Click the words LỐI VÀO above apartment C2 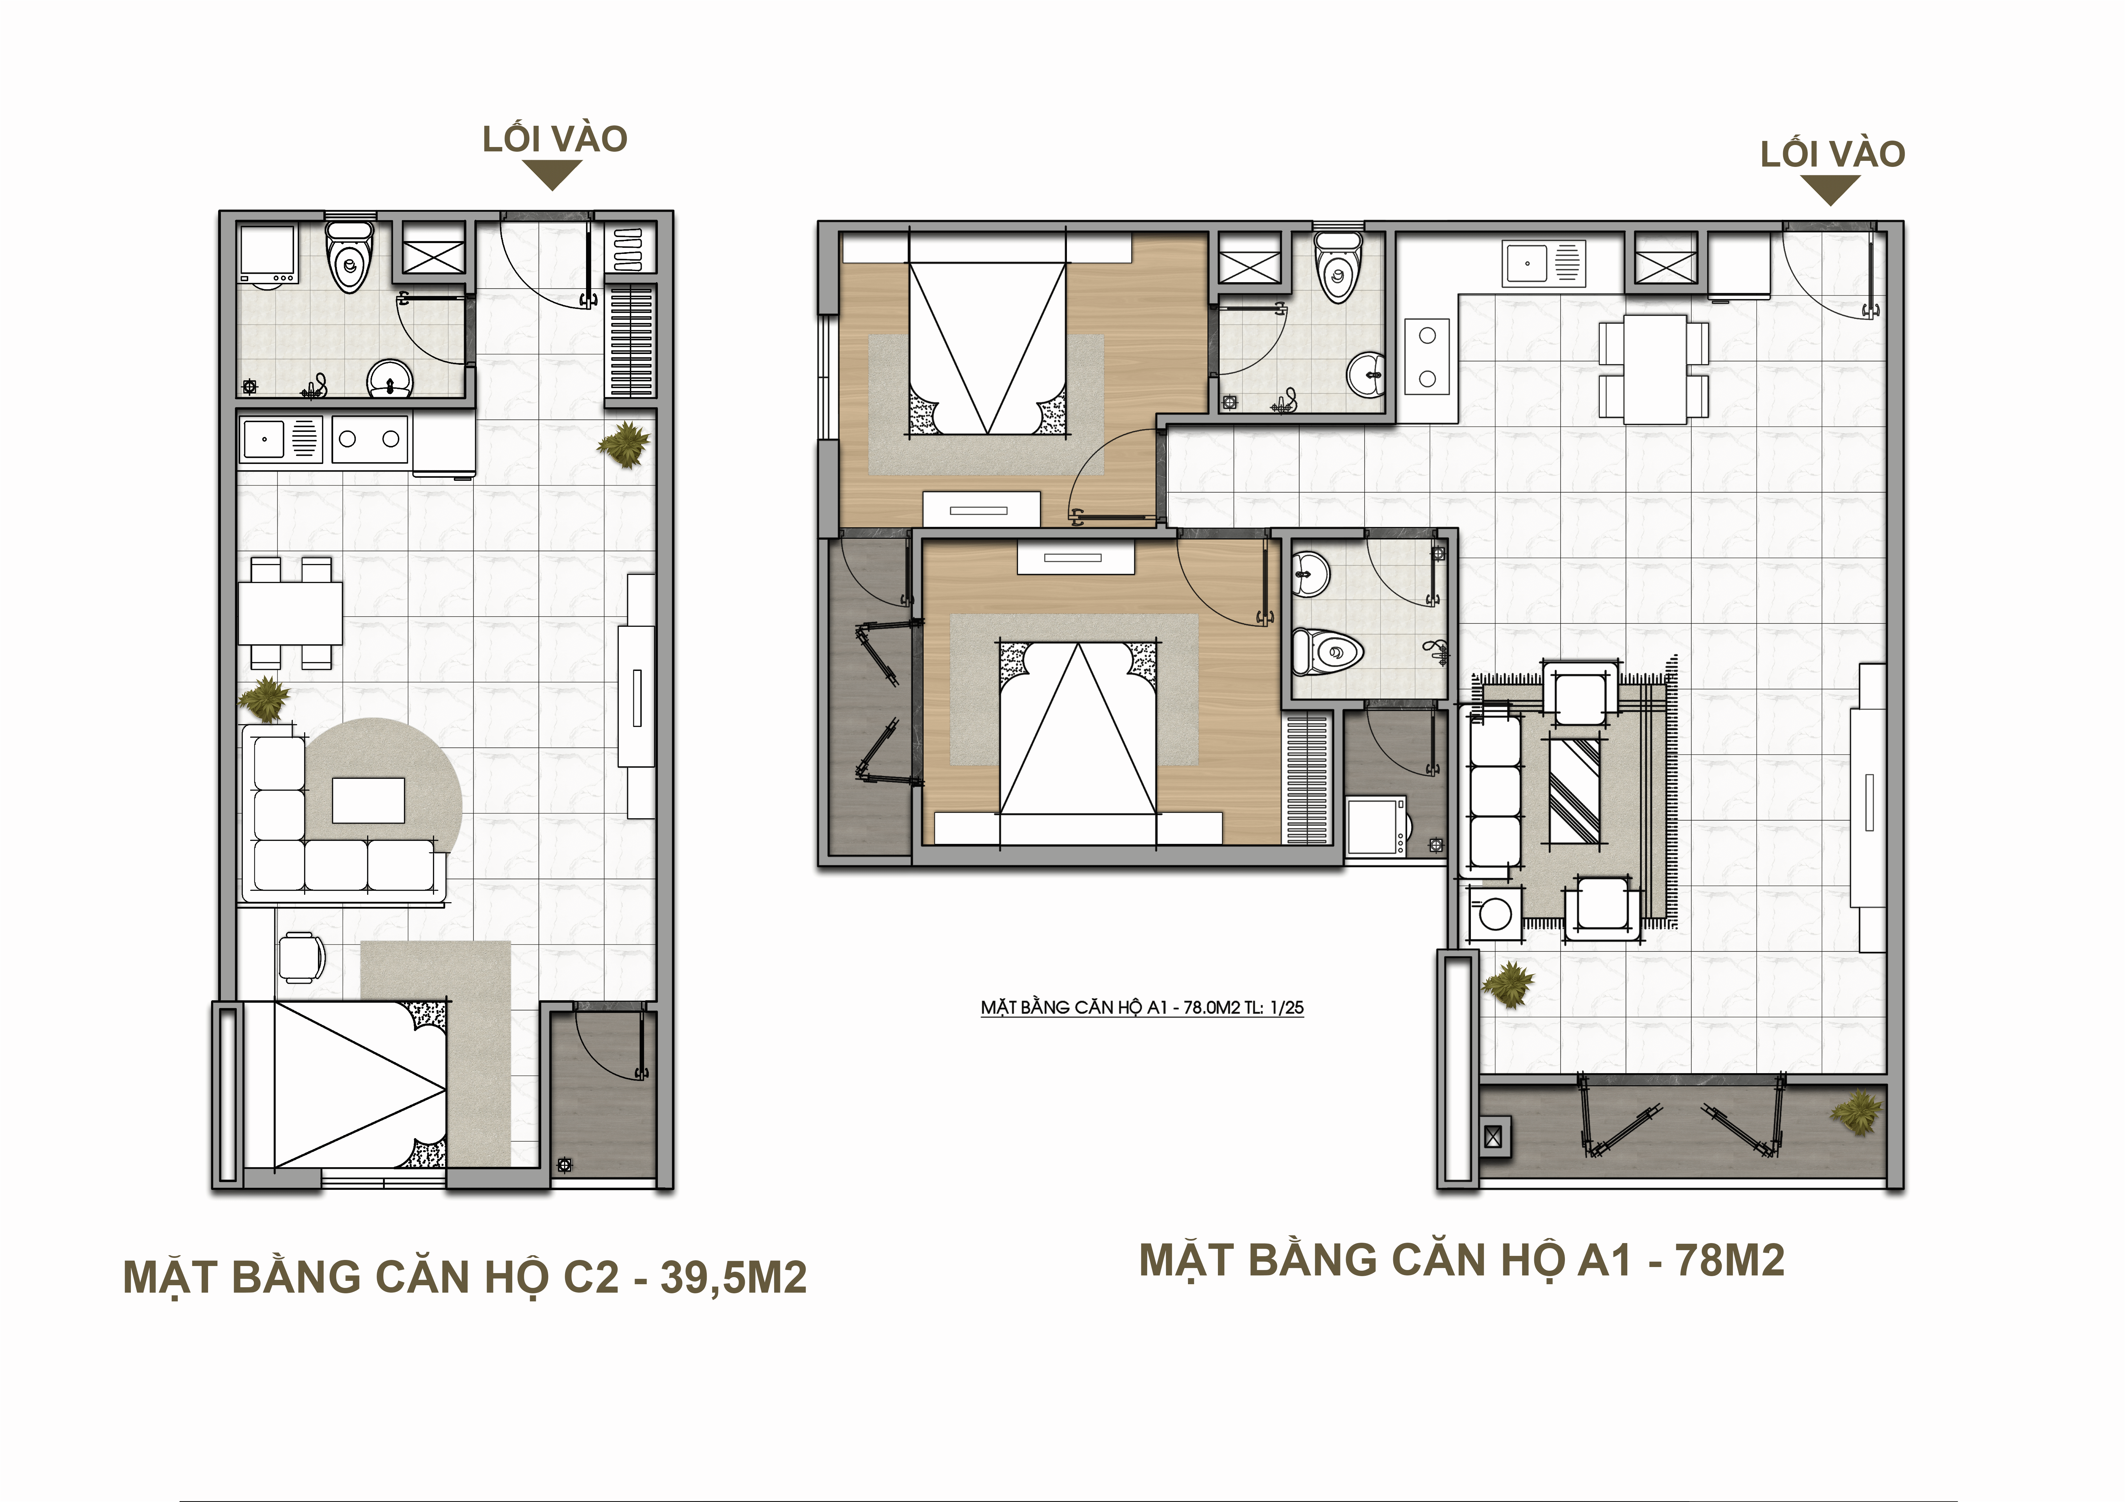[555, 139]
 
